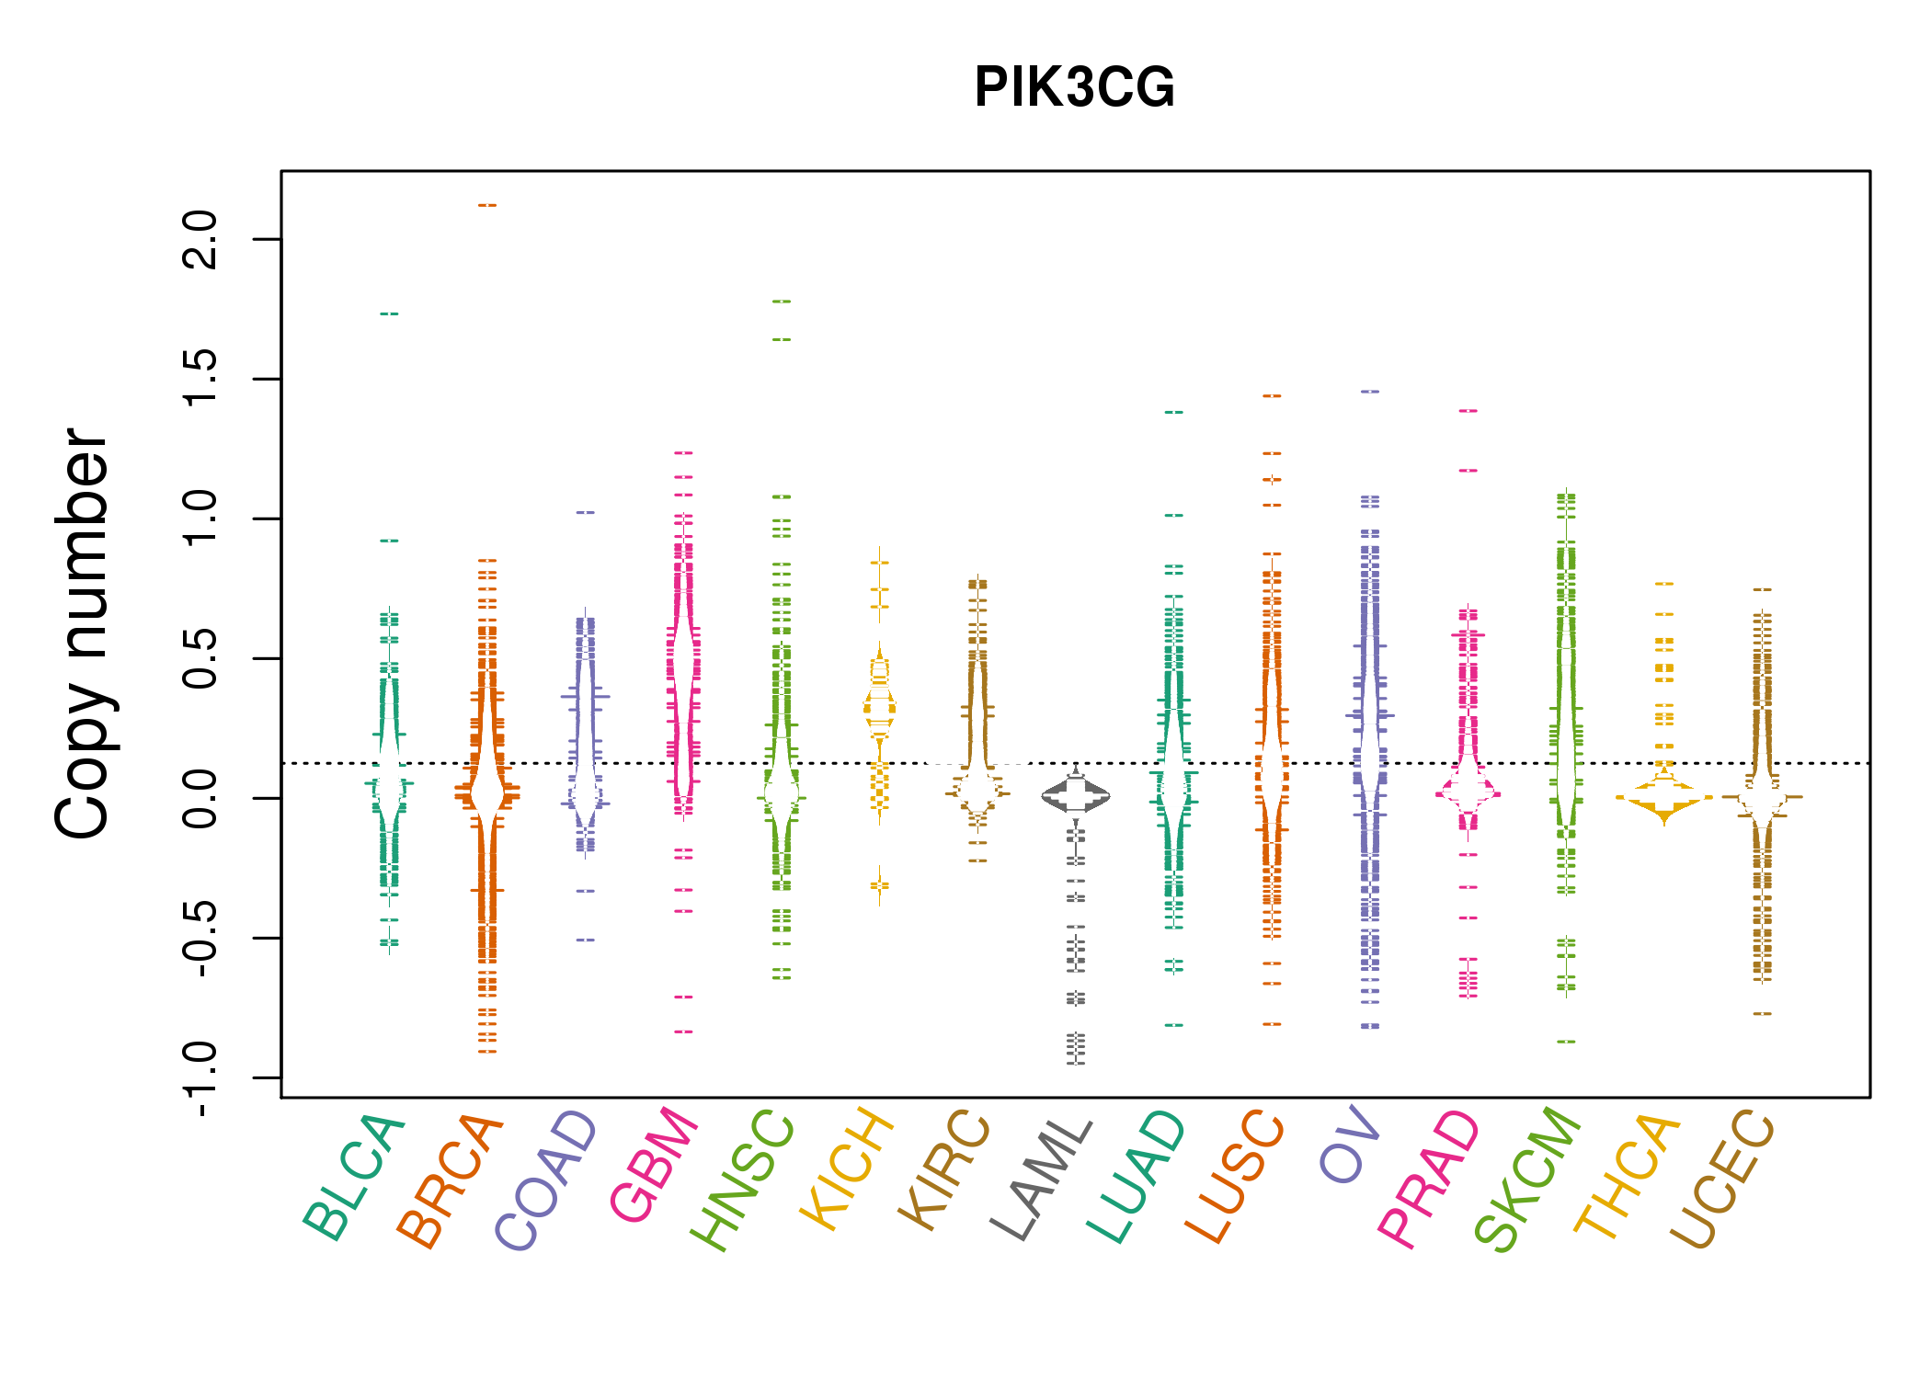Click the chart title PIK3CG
(x=1074, y=87)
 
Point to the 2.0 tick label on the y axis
(x=200, y=239)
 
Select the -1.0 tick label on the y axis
(x=200, y=1079)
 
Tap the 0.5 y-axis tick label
(x=200, y=659)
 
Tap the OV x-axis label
(x=1350, y=1145)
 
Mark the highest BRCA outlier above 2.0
(x=487, y=205)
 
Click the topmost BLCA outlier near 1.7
(x=389, y=314)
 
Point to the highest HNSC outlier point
(x=782, y=302)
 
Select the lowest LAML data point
(x=1076, y=1064)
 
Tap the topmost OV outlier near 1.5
(x=1370, y=392)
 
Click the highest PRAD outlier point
(x=1468, y=411)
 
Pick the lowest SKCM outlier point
(x=1567, y=1042)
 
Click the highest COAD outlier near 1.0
(x=586, y=512)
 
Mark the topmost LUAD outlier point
(x=1174, y=412)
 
